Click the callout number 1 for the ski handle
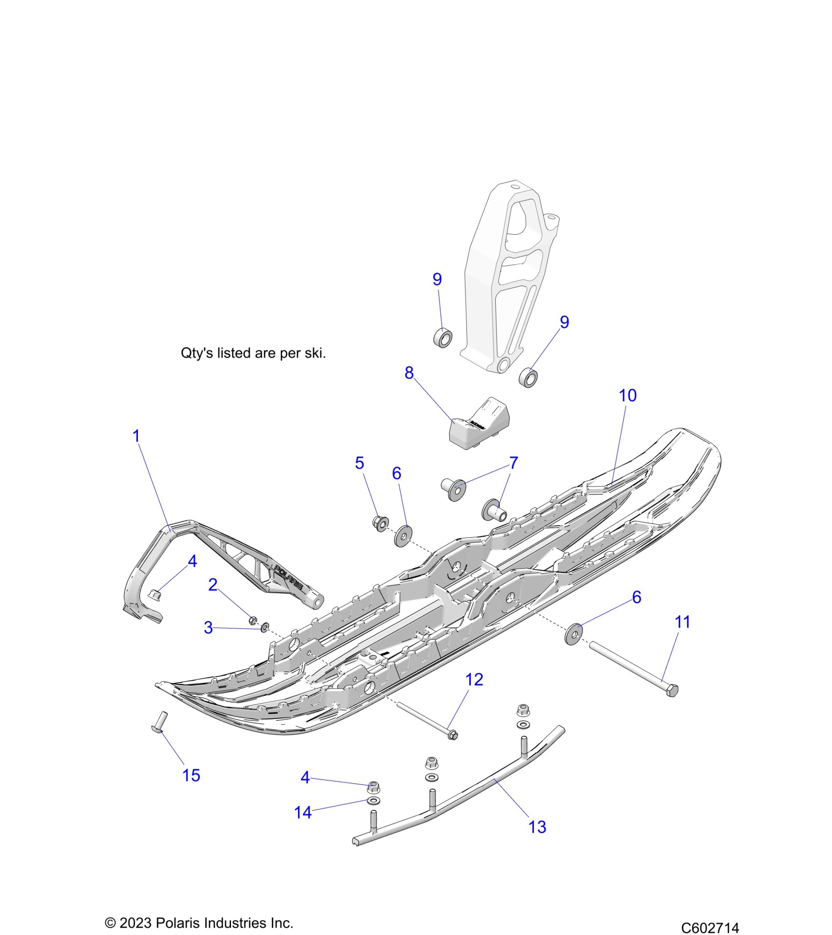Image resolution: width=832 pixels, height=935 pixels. coord(137,435)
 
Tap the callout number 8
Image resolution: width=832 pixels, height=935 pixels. coord(409,373)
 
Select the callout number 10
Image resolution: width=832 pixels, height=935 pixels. coord(627,395)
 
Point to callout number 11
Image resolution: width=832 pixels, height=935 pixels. coord(682,622)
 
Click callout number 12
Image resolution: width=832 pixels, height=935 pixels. coord(474,679)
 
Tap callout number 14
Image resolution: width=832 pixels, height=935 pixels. coord(303,812)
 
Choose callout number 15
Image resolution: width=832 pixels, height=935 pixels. coord(191,775)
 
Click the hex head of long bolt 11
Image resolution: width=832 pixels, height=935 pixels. coord(672,690)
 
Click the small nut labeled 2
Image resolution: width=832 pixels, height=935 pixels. coord(253,621)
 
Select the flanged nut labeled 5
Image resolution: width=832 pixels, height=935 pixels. coord(380,523)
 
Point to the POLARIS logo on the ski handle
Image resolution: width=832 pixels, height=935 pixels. coord(289,577)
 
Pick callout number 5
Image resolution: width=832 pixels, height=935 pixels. coord(360,463)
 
